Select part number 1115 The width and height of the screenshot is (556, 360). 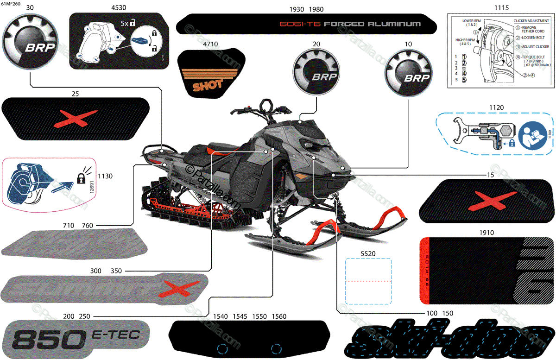coord(501,8)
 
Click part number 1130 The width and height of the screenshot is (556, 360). coord(107,176)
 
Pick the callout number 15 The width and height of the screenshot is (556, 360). coord(490,175)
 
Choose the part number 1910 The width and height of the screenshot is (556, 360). coord(486,233)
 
